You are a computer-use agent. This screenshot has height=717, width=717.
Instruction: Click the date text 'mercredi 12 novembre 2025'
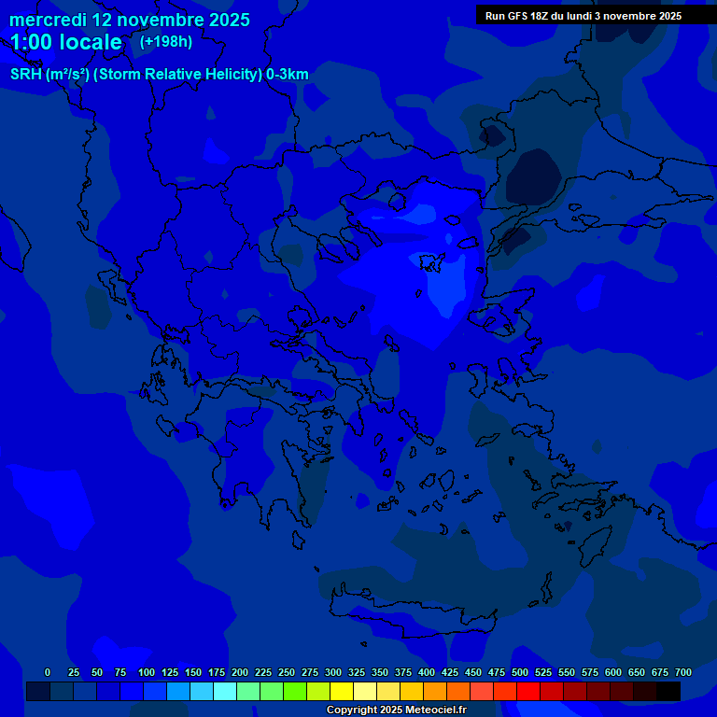130,20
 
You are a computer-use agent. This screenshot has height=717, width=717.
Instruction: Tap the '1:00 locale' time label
66,43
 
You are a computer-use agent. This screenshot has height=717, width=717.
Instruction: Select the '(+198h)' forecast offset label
166,42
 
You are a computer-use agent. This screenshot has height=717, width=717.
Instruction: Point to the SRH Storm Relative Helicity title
160,75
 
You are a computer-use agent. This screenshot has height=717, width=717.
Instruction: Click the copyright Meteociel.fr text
396,710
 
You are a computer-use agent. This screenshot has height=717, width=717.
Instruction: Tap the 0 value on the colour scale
48,672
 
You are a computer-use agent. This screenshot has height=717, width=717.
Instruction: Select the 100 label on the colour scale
147,672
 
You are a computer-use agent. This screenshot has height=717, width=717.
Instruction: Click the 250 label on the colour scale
287,672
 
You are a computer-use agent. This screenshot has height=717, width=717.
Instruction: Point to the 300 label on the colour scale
333,672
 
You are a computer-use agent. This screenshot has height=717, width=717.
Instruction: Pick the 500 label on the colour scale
520,672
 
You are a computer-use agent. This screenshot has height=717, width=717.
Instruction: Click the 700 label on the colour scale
683,672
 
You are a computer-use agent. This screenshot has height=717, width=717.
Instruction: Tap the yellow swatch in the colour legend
342,692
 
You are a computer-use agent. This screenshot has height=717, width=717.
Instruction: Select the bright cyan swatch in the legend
225,692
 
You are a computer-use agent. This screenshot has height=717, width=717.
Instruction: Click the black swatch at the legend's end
668,692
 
